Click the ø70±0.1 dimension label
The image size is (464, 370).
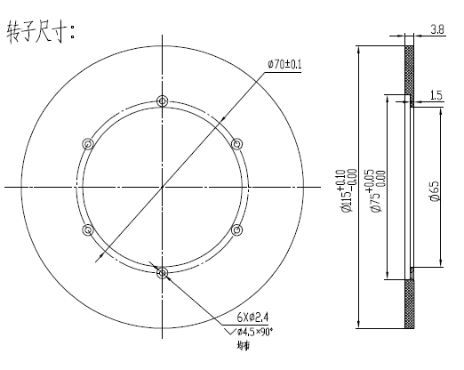pyautogui.click(x=285, y=63)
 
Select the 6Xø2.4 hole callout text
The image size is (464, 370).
pyautogui.click(x=254, y=316)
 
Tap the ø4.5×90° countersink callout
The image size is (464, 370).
pyautogui.click(x=254, y=332)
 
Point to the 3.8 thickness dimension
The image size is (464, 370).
pyautogui.click(x=436, y=29)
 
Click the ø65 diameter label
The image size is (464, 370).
pyautogui.click(x=434, y=190)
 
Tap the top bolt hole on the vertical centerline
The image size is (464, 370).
pyautogui.click(x=162, y=100)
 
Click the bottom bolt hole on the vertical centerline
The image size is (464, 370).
pyautogui.click(x=162, y=273)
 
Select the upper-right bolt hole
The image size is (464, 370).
pyautogui.click(x=236, y=143)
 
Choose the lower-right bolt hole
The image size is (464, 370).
pyautogui.click(x=236, y=229)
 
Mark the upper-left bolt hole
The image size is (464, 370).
pyautogui.click(x=87, y=143)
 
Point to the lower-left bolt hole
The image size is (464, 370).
pyautogui.click(x=87, y=229)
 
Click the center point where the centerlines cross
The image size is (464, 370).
pyautogui.click(x=162, y=187)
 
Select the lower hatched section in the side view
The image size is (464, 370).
pyautogui.click(x=410, y=303)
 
